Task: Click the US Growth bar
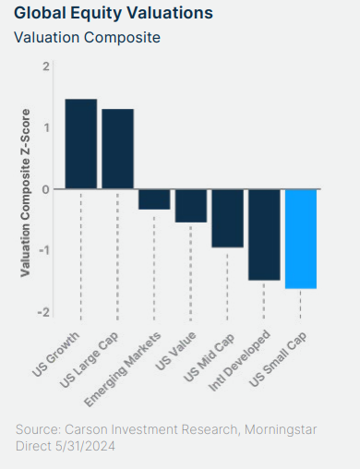click(81, 144)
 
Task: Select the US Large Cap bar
click(117, 149)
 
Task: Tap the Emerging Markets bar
click(154, 199)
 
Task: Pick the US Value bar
click(191, 206)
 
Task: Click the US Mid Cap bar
click(227, 218)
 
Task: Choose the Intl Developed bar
click(264, 234)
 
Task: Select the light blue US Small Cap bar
click(301, 239)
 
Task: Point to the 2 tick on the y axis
click(46, 66)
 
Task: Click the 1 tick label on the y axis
click(46, 127)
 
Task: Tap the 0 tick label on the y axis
click(46, 189)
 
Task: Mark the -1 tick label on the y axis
click(44, 250)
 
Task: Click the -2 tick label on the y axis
click(43, 312)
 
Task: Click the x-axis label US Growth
click(56, 355)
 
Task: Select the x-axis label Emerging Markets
click(123, 369)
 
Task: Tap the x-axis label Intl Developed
click(239, 361)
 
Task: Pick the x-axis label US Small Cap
click(278, 359)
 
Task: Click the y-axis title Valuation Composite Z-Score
click(25, 193)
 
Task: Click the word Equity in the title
click(96, 14)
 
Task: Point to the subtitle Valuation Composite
click(87, 38)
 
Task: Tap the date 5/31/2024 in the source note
click(85, 446)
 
